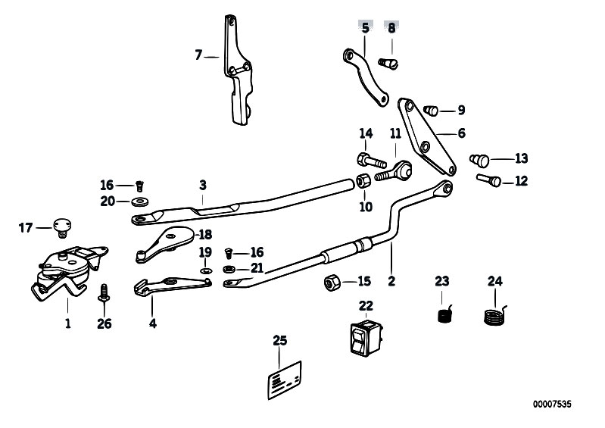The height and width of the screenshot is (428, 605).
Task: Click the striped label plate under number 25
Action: click(x=282, y=377)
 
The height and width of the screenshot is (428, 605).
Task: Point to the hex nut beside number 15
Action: click(x=331, y=283)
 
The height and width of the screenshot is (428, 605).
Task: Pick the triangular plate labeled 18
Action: click(x=163, y=243)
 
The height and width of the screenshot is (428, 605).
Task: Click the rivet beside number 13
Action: click(x=479, y=159)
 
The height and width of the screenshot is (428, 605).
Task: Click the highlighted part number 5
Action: click(x=365, y=27)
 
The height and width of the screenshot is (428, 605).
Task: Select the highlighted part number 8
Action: click(x=391, y=27)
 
